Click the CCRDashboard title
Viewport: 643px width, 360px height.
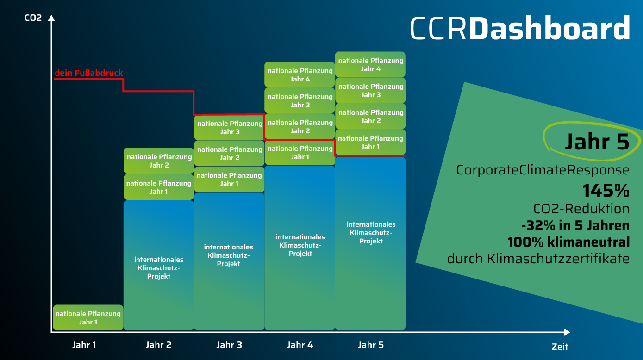(519, 29)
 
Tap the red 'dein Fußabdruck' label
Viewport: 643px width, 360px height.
(89, 73)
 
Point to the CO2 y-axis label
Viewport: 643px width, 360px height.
(33, 19)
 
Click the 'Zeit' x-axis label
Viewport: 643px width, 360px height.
(560, 347)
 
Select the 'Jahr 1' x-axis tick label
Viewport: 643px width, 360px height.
(84, 345)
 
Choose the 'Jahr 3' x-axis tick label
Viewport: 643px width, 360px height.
(229, 345)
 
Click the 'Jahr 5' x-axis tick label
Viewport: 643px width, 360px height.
(371, 345)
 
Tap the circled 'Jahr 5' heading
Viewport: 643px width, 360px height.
(596, 142)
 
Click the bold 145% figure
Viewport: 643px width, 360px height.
(606, 190)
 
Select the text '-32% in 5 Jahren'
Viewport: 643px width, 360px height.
(575, 225)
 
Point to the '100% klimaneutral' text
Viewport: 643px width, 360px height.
(568, 242)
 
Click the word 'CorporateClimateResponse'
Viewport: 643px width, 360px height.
(543, 170)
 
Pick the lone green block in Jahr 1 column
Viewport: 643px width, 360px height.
(88, 317)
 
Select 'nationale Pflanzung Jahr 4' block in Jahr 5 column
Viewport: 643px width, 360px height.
(370, 64)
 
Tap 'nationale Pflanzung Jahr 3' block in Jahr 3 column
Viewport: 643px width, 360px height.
(229, 128)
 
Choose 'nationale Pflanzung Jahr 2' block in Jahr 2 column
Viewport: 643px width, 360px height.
(159, 161)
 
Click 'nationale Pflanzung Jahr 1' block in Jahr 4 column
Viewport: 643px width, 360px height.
(300, 152)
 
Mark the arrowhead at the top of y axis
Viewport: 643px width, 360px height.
(51, 19)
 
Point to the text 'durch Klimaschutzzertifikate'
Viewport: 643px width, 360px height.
(538, 259)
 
